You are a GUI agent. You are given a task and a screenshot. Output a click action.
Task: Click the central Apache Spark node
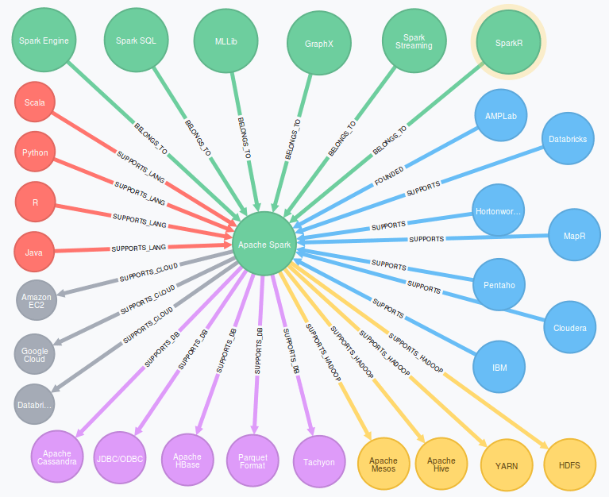click(x=265, y=245)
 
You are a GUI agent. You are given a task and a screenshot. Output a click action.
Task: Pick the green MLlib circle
click(x=226, y=40)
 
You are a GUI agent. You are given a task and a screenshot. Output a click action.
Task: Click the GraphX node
click(x=318, y=44)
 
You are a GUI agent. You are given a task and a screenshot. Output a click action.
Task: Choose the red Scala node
click(x=35, y=103)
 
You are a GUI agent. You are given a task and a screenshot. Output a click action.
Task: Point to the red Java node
click(x=35, y=253)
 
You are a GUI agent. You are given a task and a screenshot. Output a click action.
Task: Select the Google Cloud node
click(x=35, y=356)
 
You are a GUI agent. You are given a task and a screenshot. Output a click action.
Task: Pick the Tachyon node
click(x=319, y=461)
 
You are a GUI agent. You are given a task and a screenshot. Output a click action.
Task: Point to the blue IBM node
click(x=499, y=368)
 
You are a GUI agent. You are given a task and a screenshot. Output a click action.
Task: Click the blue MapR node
click(x=575, y=237)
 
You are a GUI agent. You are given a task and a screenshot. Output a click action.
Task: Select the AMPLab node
click(x=500, y=116)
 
